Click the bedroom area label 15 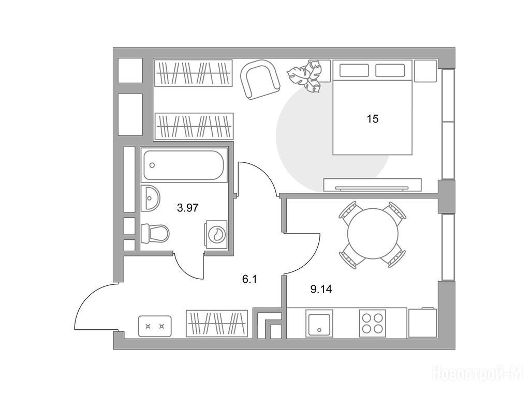(373, 119)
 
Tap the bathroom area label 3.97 (188, 208)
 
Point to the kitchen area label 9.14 (321, 289)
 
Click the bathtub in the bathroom (184, 165)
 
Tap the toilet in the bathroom (155, 233)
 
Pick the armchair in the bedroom (260, 79)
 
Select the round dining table (372, 234)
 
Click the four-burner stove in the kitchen (373, 323)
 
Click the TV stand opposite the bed (372, 185)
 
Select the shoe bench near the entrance (155, 326)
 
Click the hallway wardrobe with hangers (217, 323)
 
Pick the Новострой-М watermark (478, 373)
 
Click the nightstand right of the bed (425, 70)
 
